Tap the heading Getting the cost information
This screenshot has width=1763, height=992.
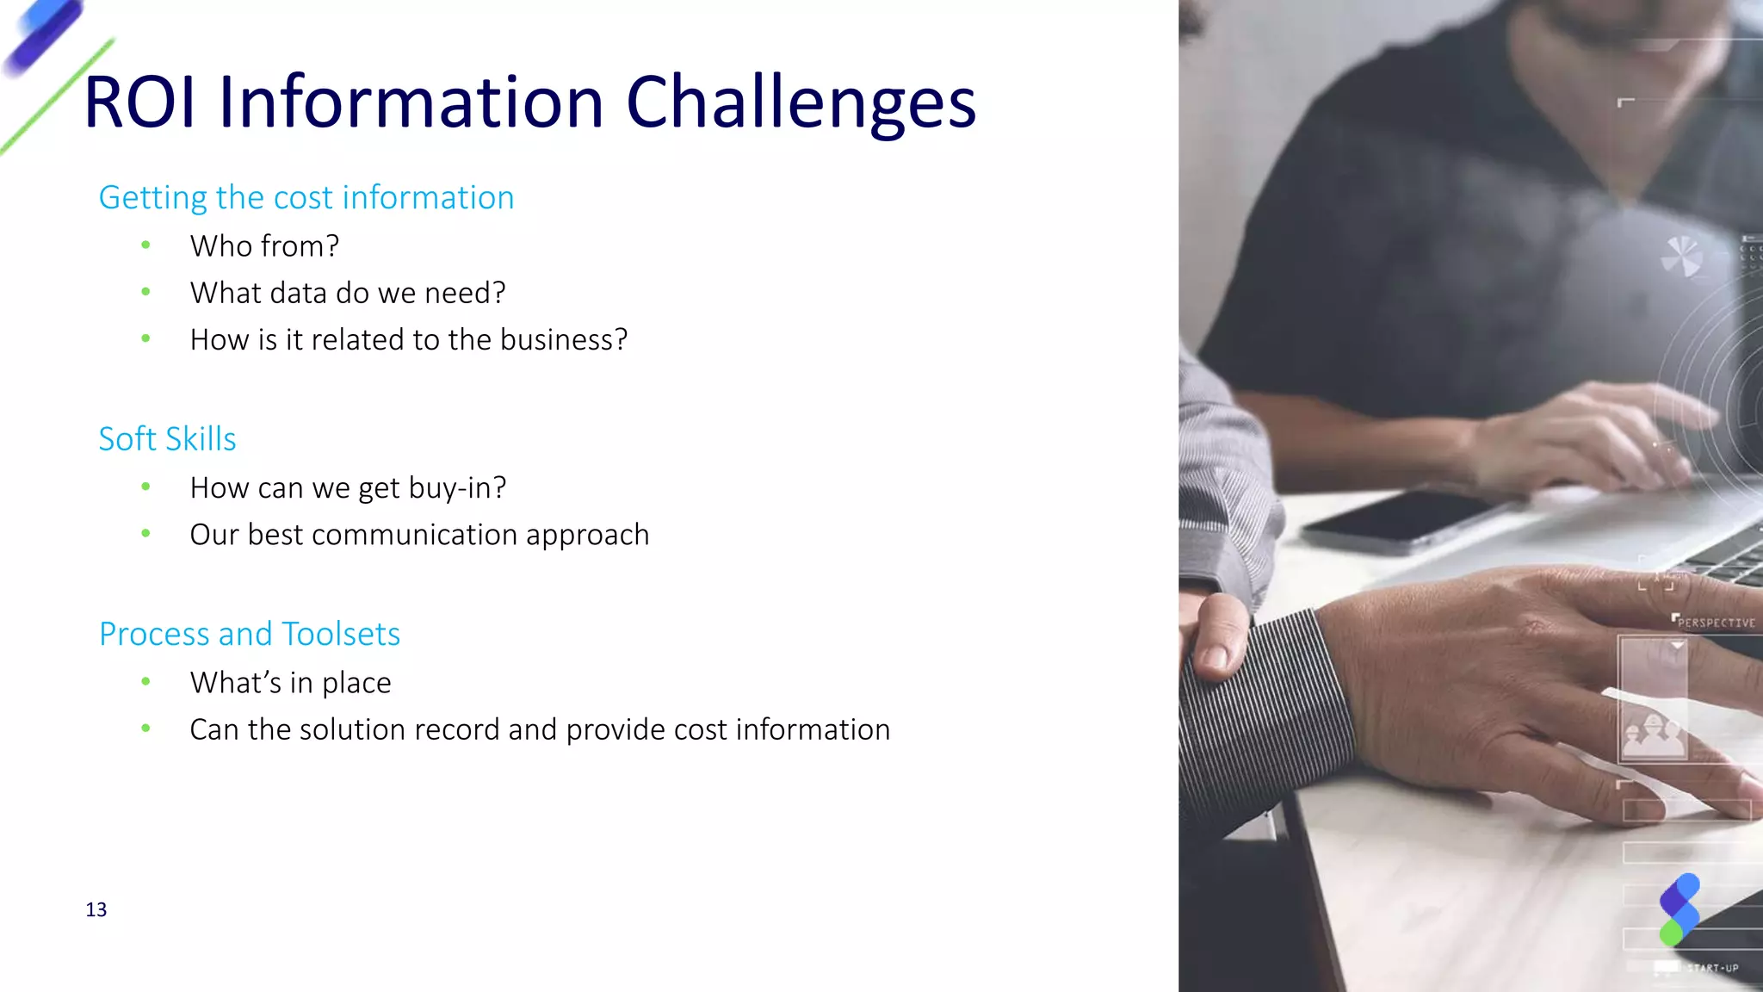(306, 198)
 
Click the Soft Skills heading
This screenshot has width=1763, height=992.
(167, 439)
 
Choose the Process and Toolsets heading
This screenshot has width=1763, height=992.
(250, 635)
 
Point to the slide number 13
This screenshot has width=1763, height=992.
(96, 910)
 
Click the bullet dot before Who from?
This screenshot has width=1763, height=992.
(146, 246)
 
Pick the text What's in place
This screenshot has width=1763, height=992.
(290, 683)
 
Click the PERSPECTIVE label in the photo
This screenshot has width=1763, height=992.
(1716, 623)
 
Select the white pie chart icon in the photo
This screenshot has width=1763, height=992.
(1680, 256)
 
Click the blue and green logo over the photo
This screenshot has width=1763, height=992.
(1679, 909)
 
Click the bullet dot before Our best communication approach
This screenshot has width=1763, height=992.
(146, 535)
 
